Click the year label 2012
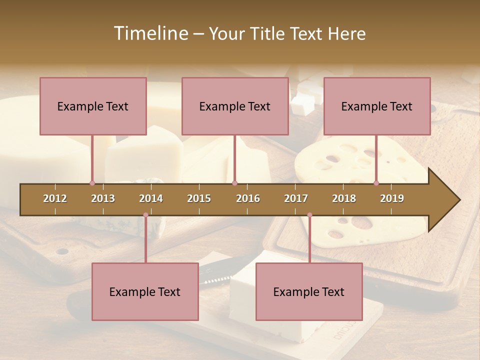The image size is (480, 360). [x=55, y=198]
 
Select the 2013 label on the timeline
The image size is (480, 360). [x=103, y=198]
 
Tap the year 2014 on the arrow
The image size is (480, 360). [x=151, y=198]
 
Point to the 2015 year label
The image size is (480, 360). [x=199, y=198]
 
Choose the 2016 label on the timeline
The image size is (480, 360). [x=248, y=198]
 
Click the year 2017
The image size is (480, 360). [x=296, y=198]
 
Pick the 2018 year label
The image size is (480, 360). [x=344, y=198]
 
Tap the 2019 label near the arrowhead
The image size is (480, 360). [x=392, y=198]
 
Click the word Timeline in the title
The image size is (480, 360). [x=150, y=33]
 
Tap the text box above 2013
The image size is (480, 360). [x=93, y=106]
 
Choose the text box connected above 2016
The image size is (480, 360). [x=235, y=106]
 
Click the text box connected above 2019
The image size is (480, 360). [x=377, y=106]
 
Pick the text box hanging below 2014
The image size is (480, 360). [x=145, y=291]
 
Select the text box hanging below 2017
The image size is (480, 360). [x=309, y=291]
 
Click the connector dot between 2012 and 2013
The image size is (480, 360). [x=92, y=183]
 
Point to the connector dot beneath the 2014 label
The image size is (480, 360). [x=145, y=215]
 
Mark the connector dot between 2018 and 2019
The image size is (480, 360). [x=376, y=183]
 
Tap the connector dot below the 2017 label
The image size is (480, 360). [x=309, y=215]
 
